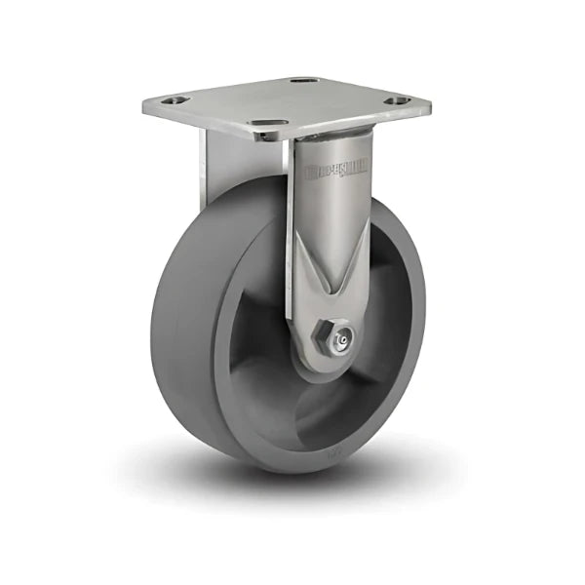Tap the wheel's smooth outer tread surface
(180, 322)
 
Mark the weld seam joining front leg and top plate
(331, 136)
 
